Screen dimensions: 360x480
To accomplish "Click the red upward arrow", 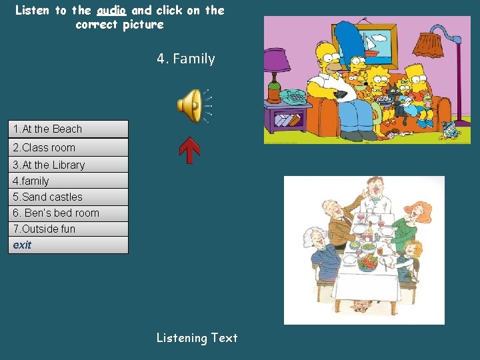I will [x=190, y=151].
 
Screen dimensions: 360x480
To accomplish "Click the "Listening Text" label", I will [x=197, y=338].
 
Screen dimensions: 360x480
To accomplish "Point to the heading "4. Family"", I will [x=186, y=59].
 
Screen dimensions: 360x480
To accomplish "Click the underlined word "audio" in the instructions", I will [x=111, y=10].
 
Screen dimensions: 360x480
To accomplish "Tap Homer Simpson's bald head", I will [x=327, y=53].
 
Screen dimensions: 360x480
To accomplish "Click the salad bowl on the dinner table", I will [x=367, y=261].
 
